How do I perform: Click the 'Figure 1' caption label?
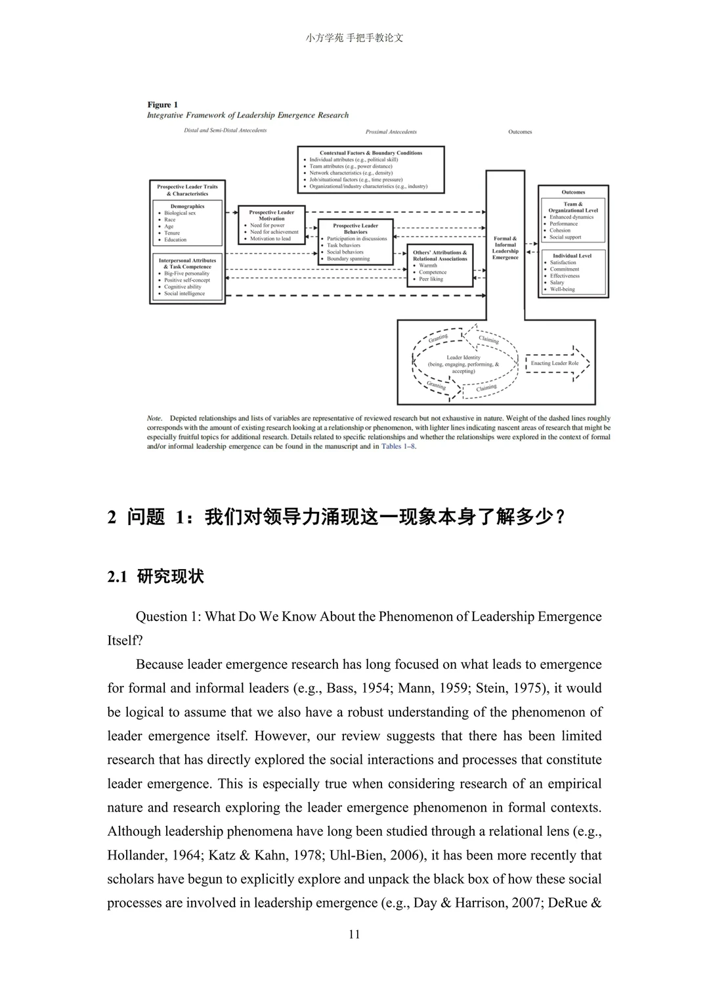162,104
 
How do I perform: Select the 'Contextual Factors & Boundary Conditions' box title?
371,152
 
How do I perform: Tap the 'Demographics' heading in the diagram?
187,206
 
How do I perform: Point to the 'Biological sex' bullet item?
179,213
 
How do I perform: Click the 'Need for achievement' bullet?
274,232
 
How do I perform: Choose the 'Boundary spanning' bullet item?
348,259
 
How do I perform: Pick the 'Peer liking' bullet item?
431,279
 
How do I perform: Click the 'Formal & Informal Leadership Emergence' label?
505,248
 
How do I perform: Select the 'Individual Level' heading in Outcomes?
572,256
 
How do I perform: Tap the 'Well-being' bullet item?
562,289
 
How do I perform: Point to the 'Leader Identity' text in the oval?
463,357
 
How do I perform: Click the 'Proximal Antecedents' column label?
391,132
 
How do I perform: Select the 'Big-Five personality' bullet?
186,273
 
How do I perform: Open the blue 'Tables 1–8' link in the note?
398,446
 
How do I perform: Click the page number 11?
354,934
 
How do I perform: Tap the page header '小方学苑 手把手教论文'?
354,38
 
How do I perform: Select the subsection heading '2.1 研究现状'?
156,576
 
